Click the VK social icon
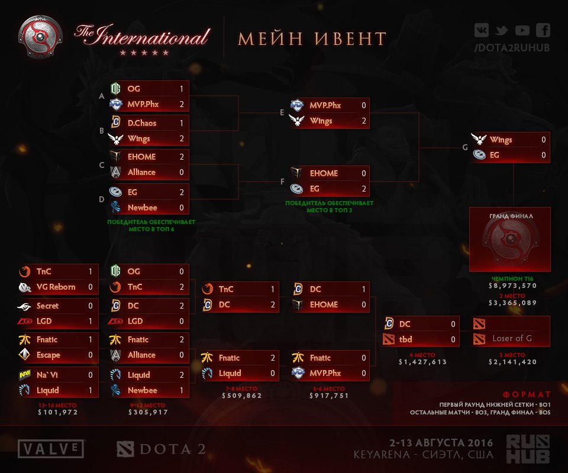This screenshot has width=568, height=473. [482, 30]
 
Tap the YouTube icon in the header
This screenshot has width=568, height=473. [522, 30]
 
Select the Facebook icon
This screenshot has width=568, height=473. [543, 30]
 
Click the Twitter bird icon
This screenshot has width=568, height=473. [501, 30]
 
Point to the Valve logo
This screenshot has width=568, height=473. [51, 449]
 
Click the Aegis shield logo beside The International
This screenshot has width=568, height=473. [40, 37]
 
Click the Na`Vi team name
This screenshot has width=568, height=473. [47, 375]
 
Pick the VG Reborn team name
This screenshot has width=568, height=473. [56, 287]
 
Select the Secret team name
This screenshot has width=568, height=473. [47, 306]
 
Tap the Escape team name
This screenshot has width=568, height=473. [48, 355]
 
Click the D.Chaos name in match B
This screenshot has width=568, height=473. [142, 123]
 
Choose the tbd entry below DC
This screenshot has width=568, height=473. [405, 339]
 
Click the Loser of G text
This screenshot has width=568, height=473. [512, 338]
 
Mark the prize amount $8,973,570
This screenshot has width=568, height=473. [512, 286]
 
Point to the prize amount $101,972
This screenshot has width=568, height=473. [58, 412]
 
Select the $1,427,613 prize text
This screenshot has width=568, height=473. [422, 361]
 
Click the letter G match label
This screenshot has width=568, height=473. [465, 147]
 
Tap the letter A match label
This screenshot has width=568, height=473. [102, 96]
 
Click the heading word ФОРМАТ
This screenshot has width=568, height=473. [527, 394]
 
